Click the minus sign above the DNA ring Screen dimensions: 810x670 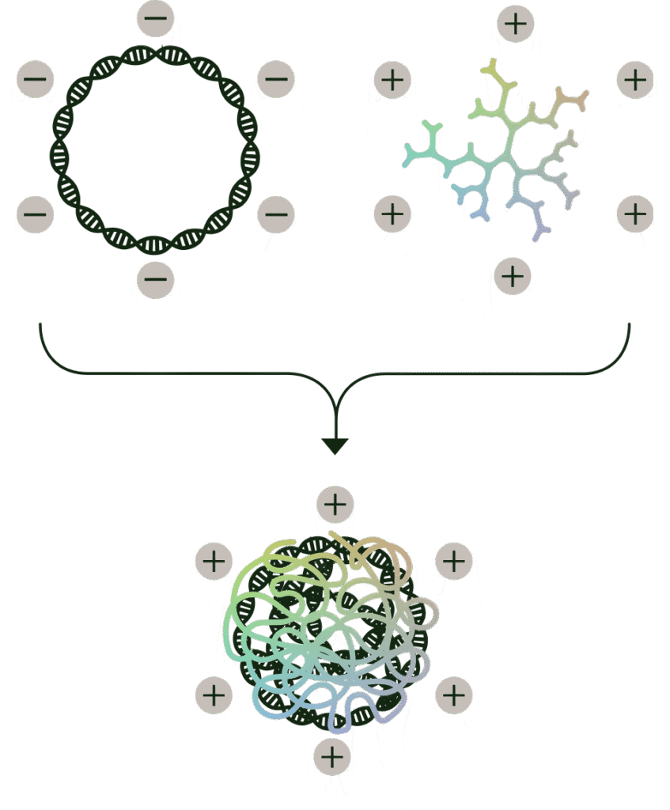[x=156, y=17]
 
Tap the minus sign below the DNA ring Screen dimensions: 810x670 [x=156, y=278]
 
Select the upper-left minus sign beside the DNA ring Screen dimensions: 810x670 [x=35, y=80]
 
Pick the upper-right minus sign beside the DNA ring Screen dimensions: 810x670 [x=276, y=80]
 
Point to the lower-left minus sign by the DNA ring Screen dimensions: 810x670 [x=35, y=214]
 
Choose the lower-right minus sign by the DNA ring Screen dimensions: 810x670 [x=276, y=214]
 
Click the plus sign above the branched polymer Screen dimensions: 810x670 [x=516, y=23]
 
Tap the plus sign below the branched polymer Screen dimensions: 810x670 [x=513, y=276]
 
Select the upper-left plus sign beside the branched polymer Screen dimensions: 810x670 [x=392, y=80]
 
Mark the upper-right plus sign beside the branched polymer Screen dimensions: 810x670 [x=634, y=80]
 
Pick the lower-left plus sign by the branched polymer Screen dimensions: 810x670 [x=392, y=214]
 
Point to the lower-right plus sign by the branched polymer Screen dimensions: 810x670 [x=634, y=214]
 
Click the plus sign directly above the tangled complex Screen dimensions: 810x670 [x=335, y=505]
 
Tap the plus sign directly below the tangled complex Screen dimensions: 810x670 [x=332, y=756]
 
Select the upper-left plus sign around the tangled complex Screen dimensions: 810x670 [x=214, y=561]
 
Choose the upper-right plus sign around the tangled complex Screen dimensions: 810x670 [x=454, y=561]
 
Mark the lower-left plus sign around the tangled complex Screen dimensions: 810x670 [x=214, y=695]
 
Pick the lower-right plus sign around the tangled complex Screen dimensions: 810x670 [x=454, y=695]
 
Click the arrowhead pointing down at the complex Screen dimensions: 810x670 [x=335, y=445]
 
